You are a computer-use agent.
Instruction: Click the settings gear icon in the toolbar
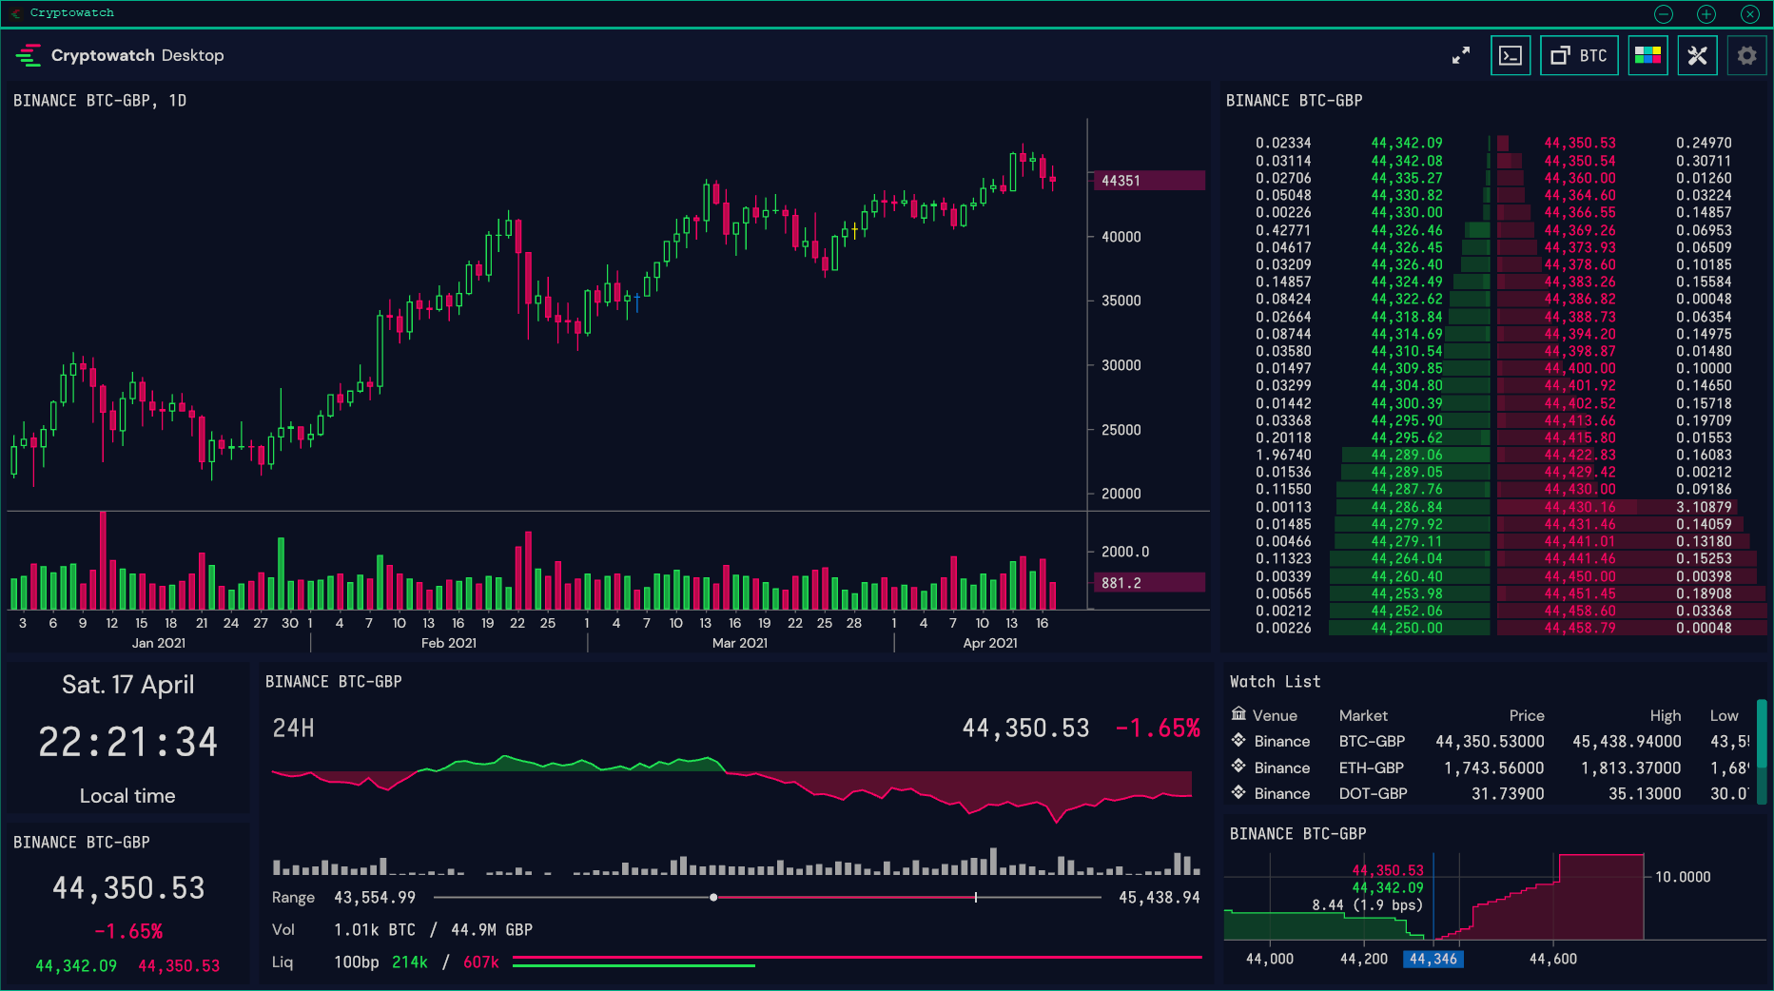1746,56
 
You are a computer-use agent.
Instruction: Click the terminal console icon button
1511,56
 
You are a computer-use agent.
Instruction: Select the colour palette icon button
1647,56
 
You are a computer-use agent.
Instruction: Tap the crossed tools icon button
1697,56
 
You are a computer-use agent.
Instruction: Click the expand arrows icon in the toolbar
1461,56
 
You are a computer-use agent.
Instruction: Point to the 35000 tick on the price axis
1121,301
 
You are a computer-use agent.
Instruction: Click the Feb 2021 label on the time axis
449,643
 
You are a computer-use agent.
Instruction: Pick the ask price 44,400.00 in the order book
1580,368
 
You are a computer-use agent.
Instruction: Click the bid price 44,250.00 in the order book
1407,628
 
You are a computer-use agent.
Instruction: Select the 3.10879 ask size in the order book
1704,507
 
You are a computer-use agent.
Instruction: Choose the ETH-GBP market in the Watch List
1372,768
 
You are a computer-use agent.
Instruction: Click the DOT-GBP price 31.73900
1508,793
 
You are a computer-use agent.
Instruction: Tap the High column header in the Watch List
1666,715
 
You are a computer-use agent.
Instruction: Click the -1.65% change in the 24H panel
1158,729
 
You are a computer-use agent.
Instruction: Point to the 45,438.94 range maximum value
1160,897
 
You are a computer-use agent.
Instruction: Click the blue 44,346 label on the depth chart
1433,959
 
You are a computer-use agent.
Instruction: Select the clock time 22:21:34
128,742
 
